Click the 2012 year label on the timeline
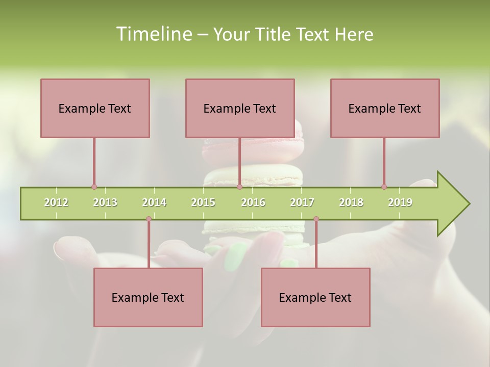(56, 202)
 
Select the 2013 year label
(105, 202)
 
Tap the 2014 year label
(154, 202)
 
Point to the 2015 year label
(203, 202)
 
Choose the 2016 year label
(253, 202)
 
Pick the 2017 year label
(302, 202)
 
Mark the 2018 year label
(351, 202)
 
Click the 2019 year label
(400, 202)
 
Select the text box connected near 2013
(95, 108)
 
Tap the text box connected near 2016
(240, 108)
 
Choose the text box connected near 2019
(385, 108)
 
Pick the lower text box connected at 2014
(148, 297)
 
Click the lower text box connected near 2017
(315, 297)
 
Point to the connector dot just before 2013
(94, 187)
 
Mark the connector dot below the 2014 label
(149, 219)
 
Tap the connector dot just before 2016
(239, 187)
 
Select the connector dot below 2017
(316, 219)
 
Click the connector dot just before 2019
(384, 187)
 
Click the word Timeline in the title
(153, 34)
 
